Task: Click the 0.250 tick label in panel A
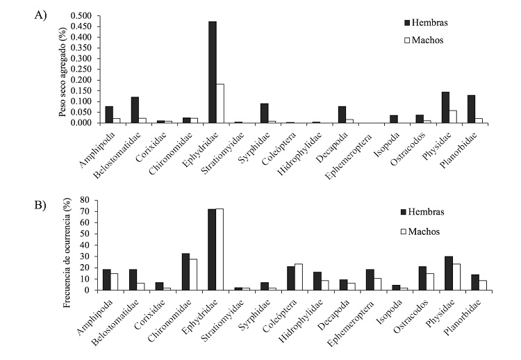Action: (80, 69)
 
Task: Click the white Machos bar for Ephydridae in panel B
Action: (220, 249)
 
